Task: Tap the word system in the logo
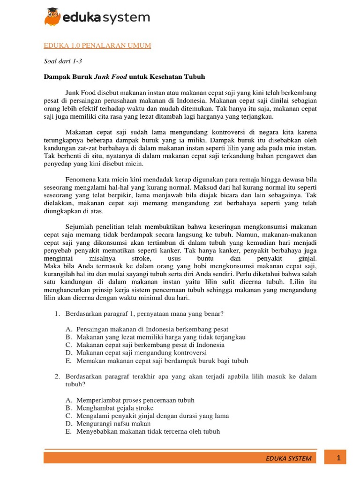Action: click(127, 18)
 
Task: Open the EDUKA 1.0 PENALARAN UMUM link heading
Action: click(97, 45)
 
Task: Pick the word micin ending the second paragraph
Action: click(135, 164)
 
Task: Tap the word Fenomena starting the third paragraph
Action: click(80, 180)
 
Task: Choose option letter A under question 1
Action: click(68, 329)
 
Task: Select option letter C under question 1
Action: click(68, 345)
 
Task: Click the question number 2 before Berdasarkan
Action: click(56, 376)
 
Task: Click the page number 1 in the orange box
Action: click(338, 457)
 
